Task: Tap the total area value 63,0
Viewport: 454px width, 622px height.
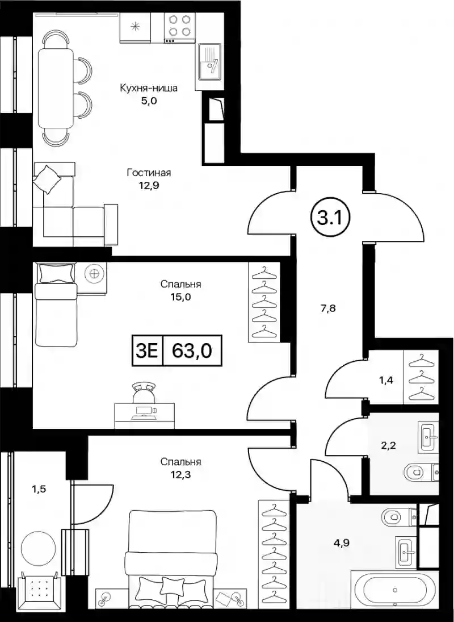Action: pyautogui.click(x=192, y=350)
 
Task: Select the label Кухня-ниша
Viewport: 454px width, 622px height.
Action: pyautogui.click(x=149, y=88)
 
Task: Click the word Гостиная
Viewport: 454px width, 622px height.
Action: pyautogui.click(x=149, y=173)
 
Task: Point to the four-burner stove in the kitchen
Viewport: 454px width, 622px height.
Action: pyautogui.click(x=179, y=26)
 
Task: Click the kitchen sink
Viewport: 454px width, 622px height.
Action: pyautogui.click(x=209, y=66)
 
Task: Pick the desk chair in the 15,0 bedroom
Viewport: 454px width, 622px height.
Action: pyautogui.click(x=144, y=393)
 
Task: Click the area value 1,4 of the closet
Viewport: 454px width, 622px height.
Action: pyautogui.click(x=386, y=381)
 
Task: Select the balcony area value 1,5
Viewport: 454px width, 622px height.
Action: pyautogui.click(x=39, y=489)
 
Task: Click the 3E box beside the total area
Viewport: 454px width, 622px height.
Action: pyautogui.click(x=148, y=350)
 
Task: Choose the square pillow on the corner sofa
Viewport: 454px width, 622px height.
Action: pyautogui.click(x=47, y=179)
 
